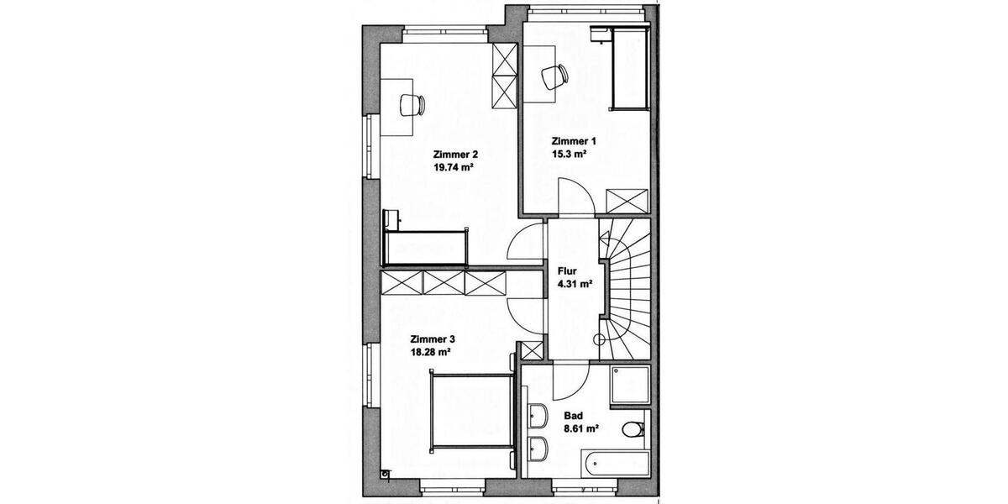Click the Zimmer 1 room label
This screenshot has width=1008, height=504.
(x=574, y=141)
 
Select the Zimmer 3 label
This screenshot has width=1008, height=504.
(x=433, y=339)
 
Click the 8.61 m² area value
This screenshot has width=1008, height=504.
(x=580, y=428)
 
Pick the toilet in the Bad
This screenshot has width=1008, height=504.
(x=633, y=430)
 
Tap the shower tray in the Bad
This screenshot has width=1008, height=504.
(x=630, y=386)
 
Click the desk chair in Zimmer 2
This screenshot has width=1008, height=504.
(x=412, y=104)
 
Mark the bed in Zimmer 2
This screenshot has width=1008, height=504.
(x=425, y=244)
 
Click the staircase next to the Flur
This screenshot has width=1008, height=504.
(x=626, y=286)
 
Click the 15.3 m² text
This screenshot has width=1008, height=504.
(x=569, y=155)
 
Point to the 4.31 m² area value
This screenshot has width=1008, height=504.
(x=575, y=284)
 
